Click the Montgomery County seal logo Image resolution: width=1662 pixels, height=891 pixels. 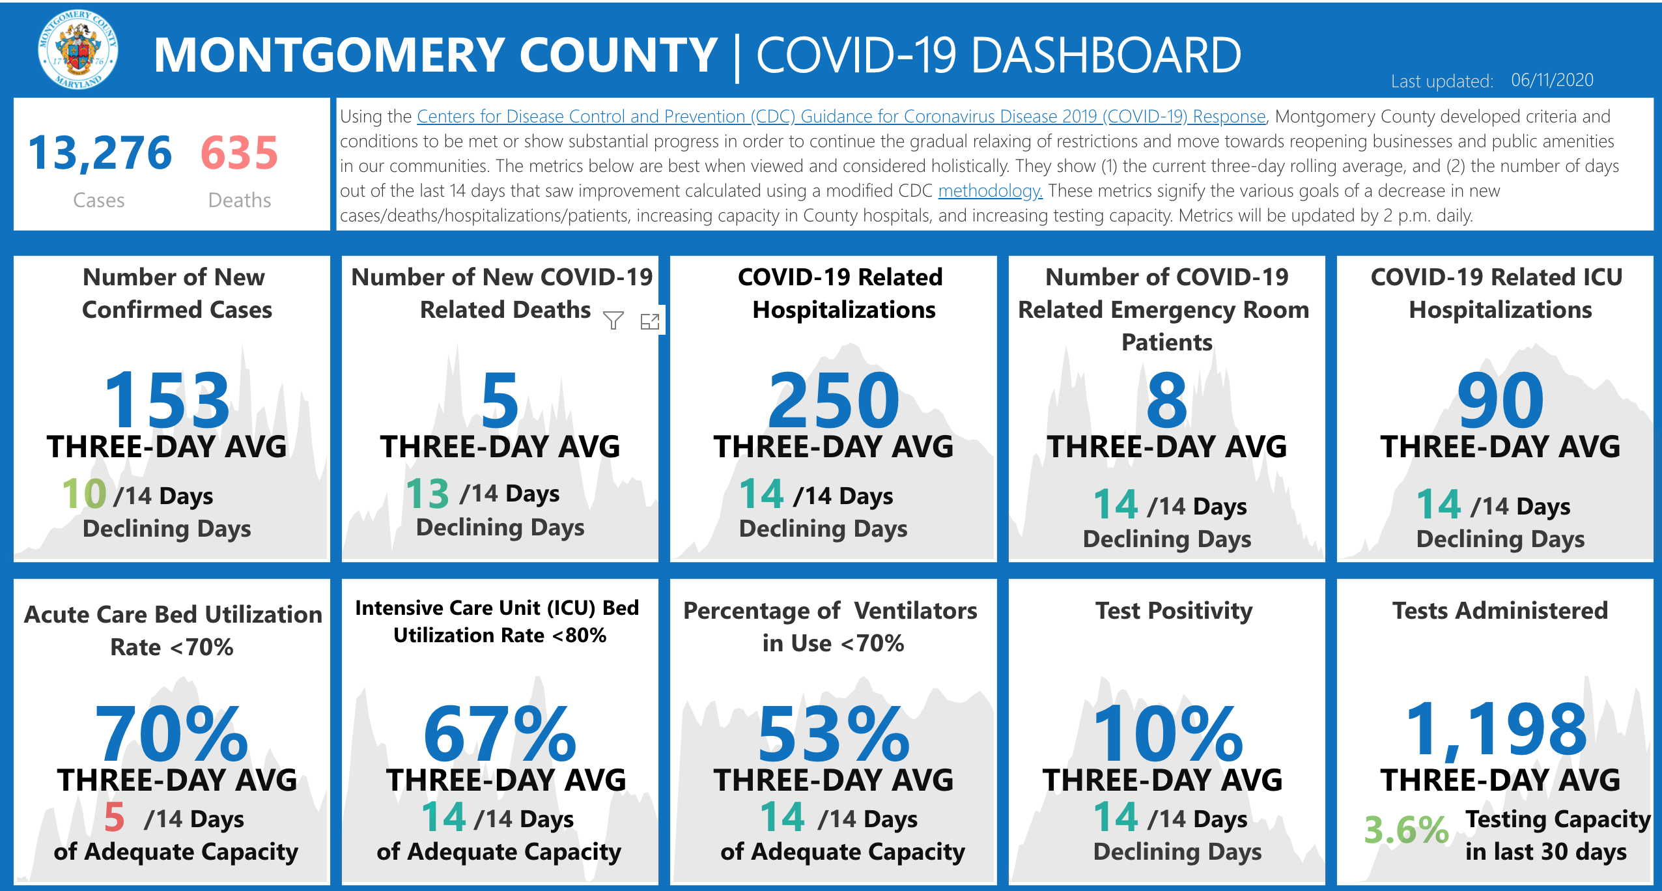[x=78, y=49]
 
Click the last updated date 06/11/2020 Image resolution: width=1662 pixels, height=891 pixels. [x=1552, y=80]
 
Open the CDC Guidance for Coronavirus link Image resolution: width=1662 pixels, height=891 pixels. [x=841, y=117]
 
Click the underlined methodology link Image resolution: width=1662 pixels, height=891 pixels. [x=990, y=191]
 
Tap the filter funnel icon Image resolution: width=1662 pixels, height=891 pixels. [x=613, y=320]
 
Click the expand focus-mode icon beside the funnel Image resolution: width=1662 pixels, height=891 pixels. [x=650, y=321]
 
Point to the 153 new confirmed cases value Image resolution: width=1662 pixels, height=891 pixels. [x=167, y=399]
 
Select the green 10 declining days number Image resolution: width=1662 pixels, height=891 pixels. [x=84, y=494]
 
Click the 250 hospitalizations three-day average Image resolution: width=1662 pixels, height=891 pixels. [x=834, y=399]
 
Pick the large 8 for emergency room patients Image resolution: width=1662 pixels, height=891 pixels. [x=1166, y=399]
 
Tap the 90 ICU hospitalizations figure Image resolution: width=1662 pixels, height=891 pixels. [x=1500, y=399]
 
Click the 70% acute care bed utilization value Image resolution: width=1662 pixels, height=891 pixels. [x=171, y=734]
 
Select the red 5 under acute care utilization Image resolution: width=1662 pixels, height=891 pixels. [x=114, y=817]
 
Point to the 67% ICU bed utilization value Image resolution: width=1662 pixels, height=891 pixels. [x=500, y=734]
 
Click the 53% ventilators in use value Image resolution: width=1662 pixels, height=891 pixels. [x=834, y=734]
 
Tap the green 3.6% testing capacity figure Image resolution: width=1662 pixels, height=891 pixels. [x=1406, y=830]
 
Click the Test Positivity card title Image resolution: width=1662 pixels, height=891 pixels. [x=1174, y=611]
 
